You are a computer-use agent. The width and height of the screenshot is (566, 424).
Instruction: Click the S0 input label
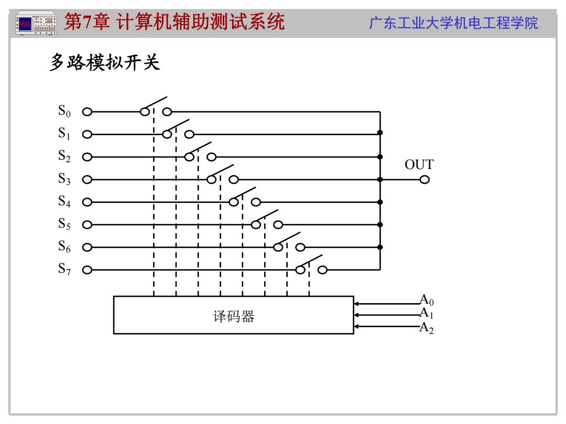pos(64,110)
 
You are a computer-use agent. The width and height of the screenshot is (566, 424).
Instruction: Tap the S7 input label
pos(64,269)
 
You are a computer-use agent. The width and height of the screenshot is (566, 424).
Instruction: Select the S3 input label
pos(64,178)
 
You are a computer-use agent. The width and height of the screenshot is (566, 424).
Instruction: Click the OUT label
pos(419,164)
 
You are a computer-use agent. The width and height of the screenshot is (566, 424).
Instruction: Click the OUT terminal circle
pos(424,180)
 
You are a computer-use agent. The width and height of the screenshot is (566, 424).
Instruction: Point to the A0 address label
pos(426,300)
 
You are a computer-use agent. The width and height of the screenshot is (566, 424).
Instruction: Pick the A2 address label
pos(426,328)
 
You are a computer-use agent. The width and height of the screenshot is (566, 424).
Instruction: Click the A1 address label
pos(426,313)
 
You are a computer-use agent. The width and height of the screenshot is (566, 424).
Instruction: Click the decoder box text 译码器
pos(234,316)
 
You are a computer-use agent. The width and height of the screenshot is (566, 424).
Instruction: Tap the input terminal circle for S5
pos(87,225)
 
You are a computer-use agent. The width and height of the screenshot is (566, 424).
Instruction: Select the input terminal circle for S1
pos(87,135)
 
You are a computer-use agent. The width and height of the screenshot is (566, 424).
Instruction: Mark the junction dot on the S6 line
pos(380,247)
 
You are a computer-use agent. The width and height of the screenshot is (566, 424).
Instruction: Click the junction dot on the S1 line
pos(380,132)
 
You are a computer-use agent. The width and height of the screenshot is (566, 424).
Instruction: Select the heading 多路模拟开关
pos(105,62)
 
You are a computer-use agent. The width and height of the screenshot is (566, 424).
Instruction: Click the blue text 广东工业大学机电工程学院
pos(453,23)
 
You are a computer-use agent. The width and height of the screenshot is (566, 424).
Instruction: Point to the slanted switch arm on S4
pos(244,194)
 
